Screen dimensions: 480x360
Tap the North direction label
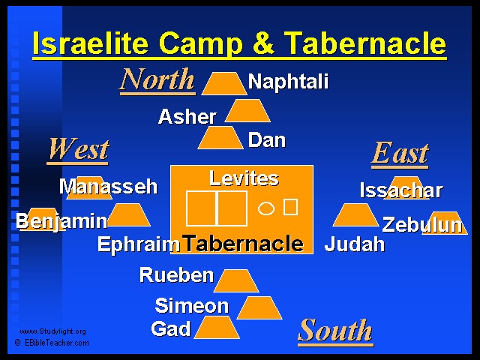coord(157,80)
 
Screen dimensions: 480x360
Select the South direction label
coord(335,331)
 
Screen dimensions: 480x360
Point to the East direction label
coord(400,153)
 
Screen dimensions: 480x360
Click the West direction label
coord(78,150)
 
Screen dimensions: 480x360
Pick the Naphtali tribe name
coord(288,82)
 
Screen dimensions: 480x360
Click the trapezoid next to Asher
coord(247,110)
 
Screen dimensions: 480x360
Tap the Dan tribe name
coord(267,140)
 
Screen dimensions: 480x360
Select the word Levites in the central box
coord(244,178)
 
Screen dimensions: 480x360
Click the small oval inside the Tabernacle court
coord(266,208)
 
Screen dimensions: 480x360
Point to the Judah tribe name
coord(355,244)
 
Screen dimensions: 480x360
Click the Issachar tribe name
coord(401,190)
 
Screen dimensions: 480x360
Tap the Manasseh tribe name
coord(108,187)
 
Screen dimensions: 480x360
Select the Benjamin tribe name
coord(61,221)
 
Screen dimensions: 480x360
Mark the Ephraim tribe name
coord(139,244)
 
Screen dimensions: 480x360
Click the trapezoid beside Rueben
coord(236,280)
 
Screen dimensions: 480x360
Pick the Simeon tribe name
coord(192,305)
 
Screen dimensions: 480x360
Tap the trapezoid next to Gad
coord(217,328)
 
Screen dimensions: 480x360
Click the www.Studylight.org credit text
coord(52,331)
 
